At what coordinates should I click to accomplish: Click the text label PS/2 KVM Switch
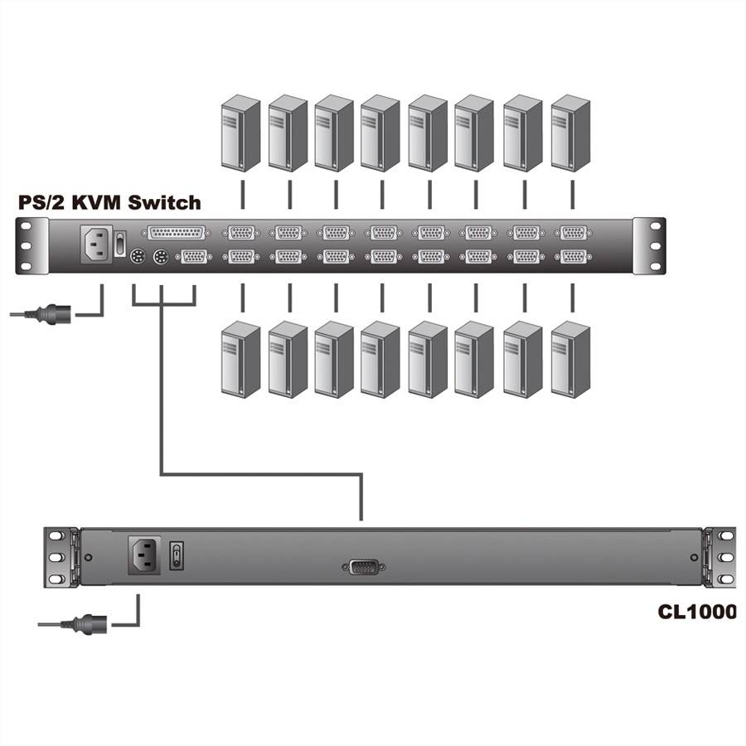tap(109, 201)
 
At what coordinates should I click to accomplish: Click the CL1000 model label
tap(697, 612)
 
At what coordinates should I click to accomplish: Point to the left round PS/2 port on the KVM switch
tap(138, 259)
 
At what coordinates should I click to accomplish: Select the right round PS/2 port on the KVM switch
tap(161, 259)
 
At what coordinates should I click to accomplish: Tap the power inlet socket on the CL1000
tap(144, 555)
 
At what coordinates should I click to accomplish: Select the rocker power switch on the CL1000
tap(176, 555)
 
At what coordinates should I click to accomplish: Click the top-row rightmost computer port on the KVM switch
tap(572, 233)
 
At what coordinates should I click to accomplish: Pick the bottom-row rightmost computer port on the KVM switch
tap(572, 256)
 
